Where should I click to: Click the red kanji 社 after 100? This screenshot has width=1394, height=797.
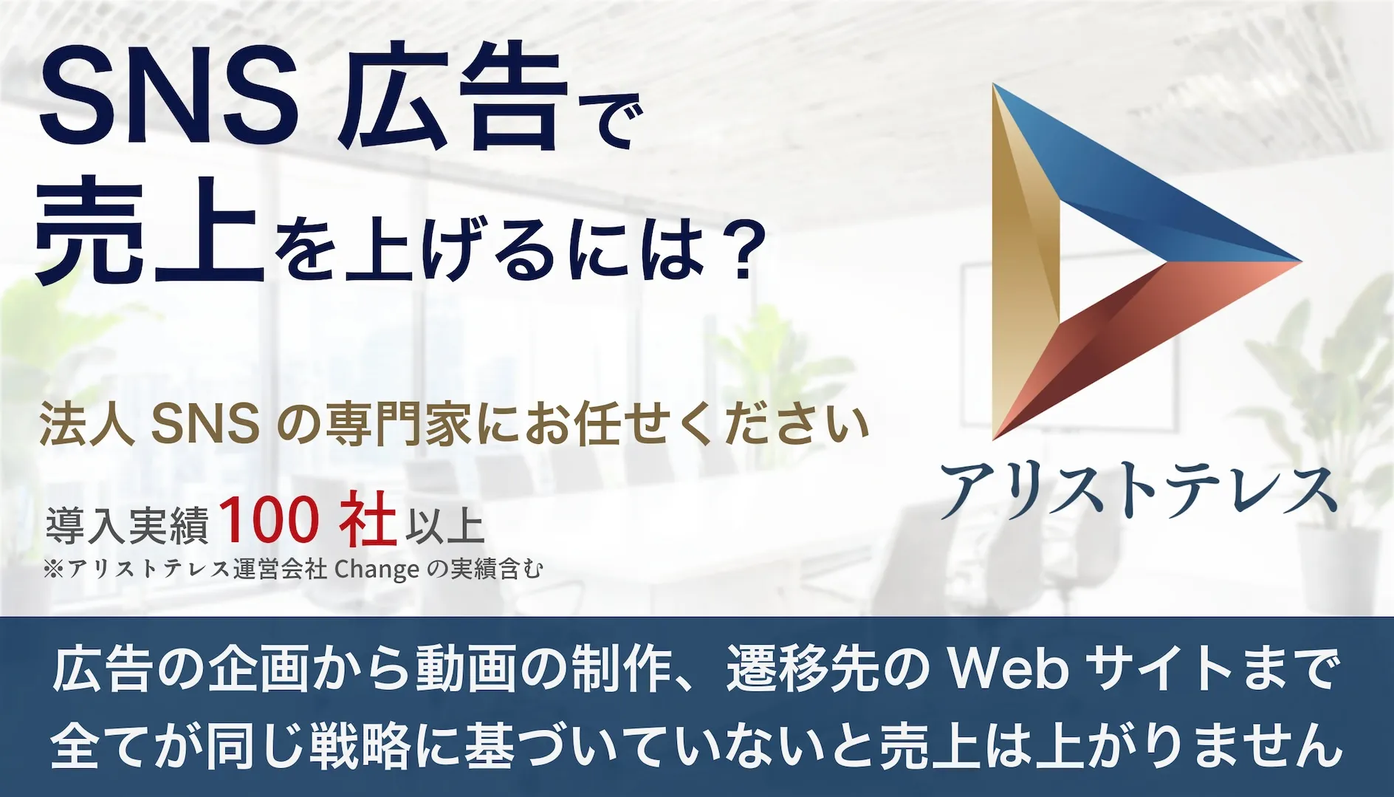point(368,520)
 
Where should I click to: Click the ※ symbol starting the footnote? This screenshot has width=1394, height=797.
point(55,569)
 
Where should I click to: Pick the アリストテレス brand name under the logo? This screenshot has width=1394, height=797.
point(1138,490)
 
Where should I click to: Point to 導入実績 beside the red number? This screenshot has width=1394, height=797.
point(127,525)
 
